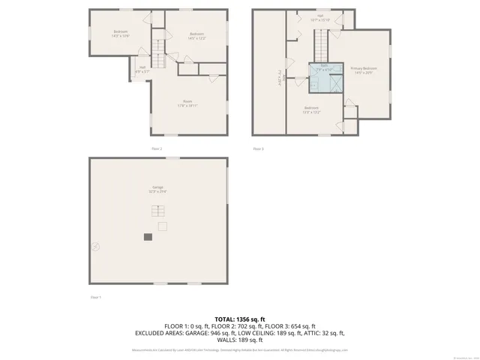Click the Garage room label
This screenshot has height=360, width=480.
(x=157, y=189)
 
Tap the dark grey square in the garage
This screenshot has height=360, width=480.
(x=148, y=237)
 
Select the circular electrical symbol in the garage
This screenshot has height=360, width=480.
(x=95, y=245)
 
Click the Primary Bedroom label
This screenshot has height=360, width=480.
(x=364, y=70)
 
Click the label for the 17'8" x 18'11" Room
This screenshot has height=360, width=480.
(x=187, y=104)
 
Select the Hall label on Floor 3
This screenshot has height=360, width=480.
(x=320, y=17)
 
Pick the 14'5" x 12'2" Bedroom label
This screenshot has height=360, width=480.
(x=196, y=36)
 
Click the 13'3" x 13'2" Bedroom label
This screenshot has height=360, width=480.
(x=311, y=111)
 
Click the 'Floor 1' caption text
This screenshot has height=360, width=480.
(x=95, y=298)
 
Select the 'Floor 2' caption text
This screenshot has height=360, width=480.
(x=157, y=149)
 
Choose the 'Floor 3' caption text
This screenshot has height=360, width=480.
(x=258, y=149)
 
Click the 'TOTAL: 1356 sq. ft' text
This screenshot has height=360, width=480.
(x=240, y=319)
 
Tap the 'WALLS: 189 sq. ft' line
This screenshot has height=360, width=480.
(x=240, y=340)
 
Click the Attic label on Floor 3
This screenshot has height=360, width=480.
(x=278, y=75)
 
